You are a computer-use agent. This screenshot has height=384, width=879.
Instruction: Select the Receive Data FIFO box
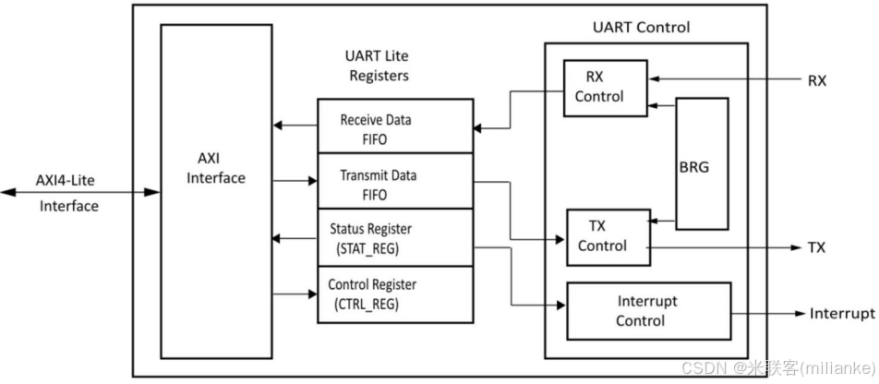point(395,126)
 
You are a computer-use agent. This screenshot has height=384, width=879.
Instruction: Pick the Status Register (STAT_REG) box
point(395,236)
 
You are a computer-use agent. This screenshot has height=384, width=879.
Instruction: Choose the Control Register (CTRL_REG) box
point(395,294)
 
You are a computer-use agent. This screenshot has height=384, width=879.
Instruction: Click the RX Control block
point(605,88)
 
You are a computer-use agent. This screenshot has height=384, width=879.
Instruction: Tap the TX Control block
point(606,236)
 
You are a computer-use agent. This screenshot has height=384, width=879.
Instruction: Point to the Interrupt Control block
point(647,311)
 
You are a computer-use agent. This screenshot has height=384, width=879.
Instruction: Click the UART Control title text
point(640,27)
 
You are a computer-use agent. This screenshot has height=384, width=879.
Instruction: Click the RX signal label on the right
point(816,80)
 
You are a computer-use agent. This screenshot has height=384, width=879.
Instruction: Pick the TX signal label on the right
point(816,247)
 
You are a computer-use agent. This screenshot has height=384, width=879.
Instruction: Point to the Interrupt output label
point(841,314)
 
